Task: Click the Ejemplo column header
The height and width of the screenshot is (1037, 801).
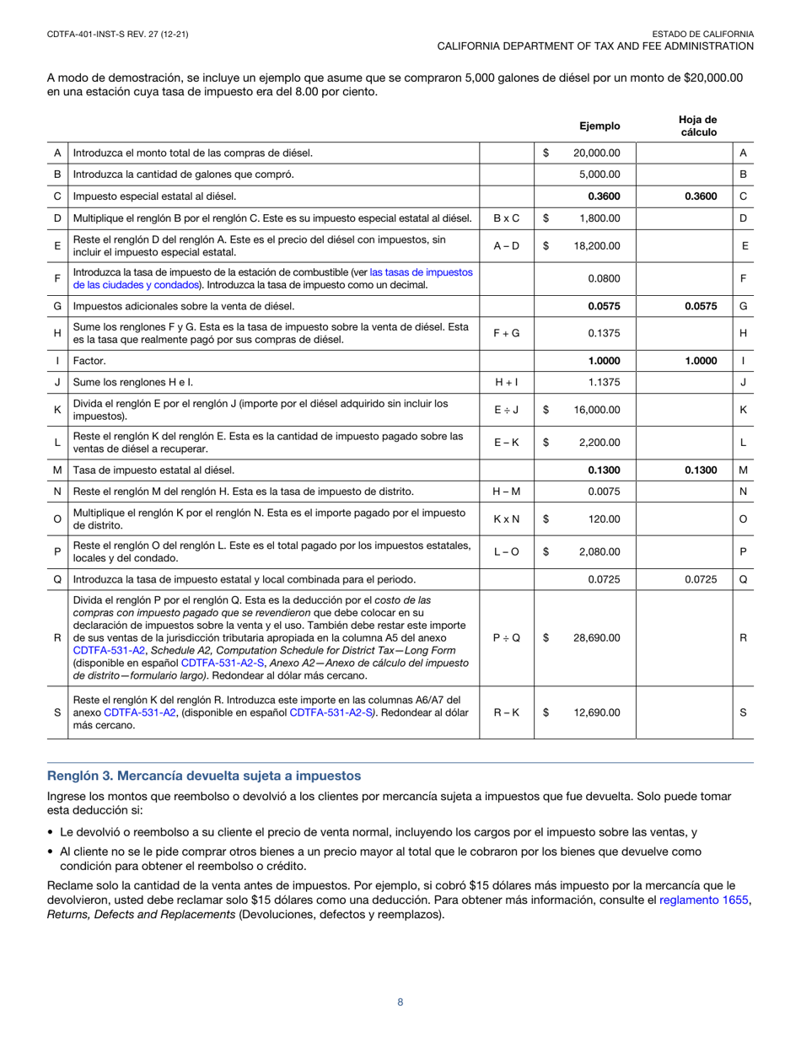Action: click(x=599, y=126)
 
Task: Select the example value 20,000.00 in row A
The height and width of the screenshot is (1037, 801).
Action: click(x=596, y=153)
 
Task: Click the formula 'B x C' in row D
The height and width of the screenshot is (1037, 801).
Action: click(x=506, y=218)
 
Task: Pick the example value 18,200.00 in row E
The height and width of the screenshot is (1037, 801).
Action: click(x=596, y=245)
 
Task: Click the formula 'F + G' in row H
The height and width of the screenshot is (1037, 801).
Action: click(x=506, y=333)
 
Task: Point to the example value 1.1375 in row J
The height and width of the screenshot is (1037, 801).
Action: click(x=604, y=382)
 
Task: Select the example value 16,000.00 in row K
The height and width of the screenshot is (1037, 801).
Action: click(x=596, y=409)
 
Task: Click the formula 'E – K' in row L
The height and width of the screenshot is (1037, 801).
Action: click(x=506, y=442)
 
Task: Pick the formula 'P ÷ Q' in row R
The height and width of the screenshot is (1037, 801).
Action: click(x=506, y=638)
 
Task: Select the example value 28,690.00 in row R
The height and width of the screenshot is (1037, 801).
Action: click(x=596, y=638)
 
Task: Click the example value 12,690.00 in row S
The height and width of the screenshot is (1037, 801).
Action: click(x=596, y=712)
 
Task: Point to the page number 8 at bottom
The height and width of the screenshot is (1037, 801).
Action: click(x=400, y=1002)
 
